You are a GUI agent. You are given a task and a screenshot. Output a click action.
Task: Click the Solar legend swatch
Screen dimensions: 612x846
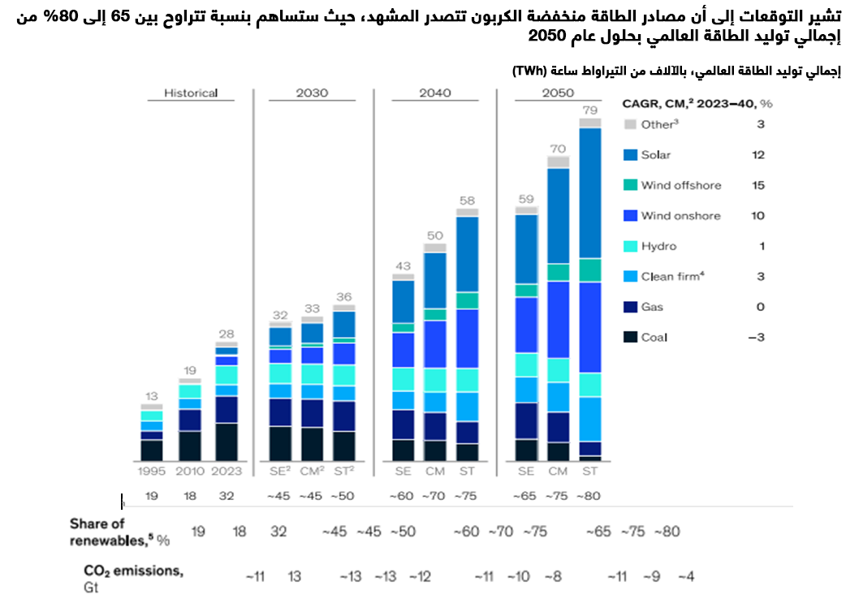(630, 155)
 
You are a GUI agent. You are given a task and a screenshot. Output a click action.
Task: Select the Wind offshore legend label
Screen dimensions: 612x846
(680, 185)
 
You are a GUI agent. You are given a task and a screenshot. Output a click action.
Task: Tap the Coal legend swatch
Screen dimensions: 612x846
(630, 337)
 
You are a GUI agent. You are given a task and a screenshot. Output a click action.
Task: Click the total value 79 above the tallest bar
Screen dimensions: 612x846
(590, 110)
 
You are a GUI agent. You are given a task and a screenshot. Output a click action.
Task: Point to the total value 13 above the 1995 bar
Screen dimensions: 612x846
(151, 396)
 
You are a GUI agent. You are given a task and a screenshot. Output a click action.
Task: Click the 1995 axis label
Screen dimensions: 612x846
(151, 471)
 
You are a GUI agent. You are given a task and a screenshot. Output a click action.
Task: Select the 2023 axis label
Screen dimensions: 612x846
(227, 471)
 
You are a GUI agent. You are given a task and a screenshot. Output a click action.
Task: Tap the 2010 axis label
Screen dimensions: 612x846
(189, 471)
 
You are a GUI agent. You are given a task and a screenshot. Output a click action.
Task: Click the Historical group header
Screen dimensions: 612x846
(191, 93)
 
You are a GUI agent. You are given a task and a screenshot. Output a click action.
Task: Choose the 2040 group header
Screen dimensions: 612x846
(435, 93)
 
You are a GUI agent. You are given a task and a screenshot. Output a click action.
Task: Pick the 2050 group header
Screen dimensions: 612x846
(558, 93)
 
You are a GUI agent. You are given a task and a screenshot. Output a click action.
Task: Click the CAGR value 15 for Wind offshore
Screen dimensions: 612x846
(758, 185)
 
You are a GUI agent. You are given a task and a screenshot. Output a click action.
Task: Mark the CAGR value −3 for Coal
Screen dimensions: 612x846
(755, 337)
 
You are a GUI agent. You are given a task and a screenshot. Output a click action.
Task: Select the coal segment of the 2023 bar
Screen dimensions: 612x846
(227, 442)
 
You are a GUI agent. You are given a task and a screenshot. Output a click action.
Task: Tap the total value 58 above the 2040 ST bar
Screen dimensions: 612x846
(467, 200)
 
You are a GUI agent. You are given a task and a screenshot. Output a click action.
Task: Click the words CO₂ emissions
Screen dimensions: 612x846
(133, 571)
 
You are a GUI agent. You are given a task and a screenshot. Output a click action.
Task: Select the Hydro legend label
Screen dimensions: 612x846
(658, 246)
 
